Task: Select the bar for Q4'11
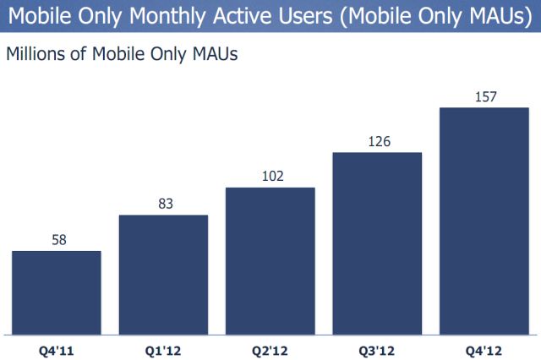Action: click(57, 292)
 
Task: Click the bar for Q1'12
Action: click(163, 274)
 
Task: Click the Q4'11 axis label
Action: click(57, 346)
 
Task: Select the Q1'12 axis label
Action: click(163, 346)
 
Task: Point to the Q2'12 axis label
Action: click(270, 346)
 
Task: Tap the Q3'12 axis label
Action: click(377, 346)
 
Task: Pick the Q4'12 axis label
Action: click(484, 346)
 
